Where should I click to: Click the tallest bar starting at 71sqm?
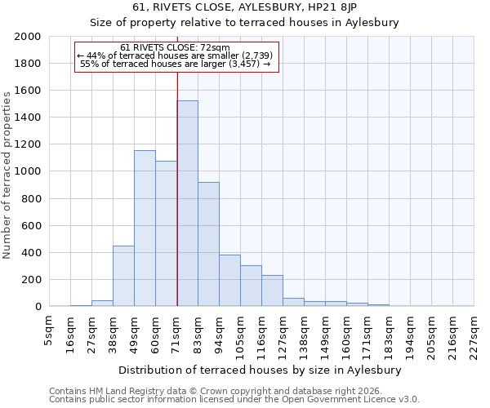pos(187,203)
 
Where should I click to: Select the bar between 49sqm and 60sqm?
pos(145,228)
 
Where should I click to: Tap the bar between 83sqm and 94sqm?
pos(208,244)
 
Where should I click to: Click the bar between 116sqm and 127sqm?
pos(272,290)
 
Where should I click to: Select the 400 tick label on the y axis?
pos(32,252)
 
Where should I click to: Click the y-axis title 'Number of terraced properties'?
pos(7,175)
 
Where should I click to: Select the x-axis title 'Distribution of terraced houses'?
pos(261,370)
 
